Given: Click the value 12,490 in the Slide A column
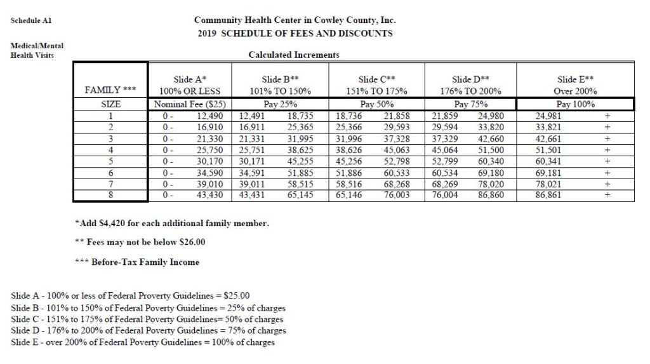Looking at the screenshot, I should pyautogui.click(x=210, y=117).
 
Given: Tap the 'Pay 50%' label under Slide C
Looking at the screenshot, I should pyautogui.click(x=376, y=104).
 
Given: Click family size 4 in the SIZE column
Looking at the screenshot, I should pyautogui.click(x=111, y=151).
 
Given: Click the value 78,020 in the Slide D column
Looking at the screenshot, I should pyautogui.click(x=491, y=185).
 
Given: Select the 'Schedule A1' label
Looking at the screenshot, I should pyautogui.click(x=32, y=20).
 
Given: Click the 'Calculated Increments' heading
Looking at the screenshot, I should pyautogui.click(x=293, y=55).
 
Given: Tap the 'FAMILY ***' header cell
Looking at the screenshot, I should pyautogui.click(x=111, y=91).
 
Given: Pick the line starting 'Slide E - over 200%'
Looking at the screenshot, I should pyautogui.click(x=143, y=342).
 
